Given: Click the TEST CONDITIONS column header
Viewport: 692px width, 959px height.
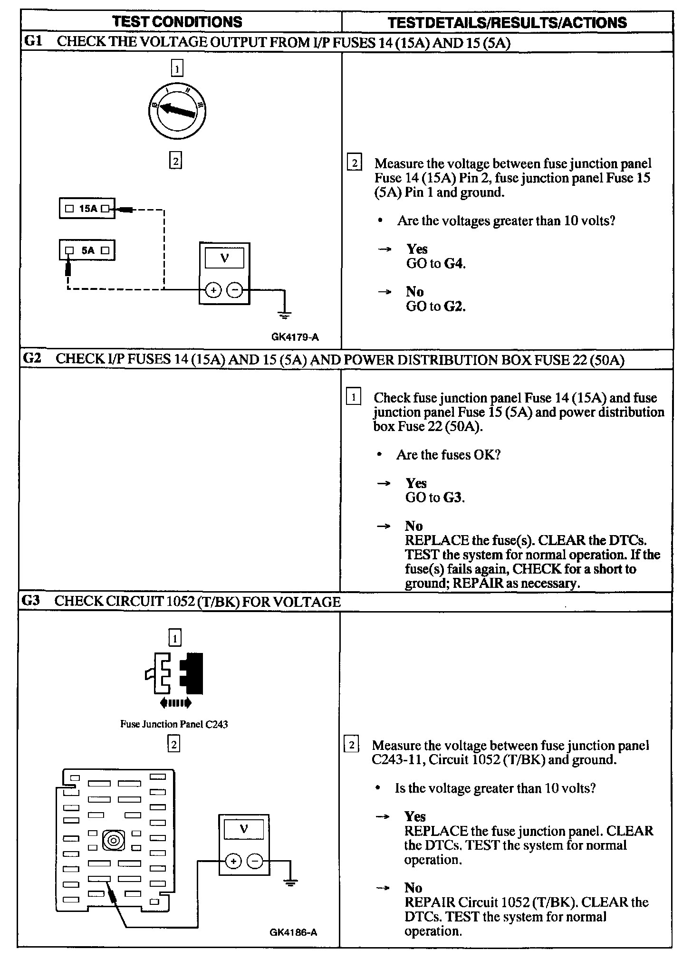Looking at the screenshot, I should pyautogui.click(x=177, y=22).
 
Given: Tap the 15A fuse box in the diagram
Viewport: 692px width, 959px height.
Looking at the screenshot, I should pyautogui.click(x=87, y=209).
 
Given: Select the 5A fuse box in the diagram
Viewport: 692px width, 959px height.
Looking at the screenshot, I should pyautogui.click(x=87, y=250).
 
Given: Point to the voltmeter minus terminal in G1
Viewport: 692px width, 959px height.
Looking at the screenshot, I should pyautogui.click(x=234, y=290).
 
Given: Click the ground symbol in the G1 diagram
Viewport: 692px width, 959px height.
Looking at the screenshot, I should pyautogui.click(x=285, y=315).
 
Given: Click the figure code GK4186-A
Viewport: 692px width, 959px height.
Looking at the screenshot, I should pyautogui.click(x=293, y=932).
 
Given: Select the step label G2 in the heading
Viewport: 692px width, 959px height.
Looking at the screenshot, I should pyautogui.click(x=32, y=359).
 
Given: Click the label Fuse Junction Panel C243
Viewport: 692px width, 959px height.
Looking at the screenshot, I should pyautogui.click(x=174, y=725).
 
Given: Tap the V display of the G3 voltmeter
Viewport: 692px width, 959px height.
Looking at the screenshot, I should pyautogui.click(x=244, y=830).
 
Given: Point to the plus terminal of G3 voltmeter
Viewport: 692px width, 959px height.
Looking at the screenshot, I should pyautogui.click(x=233, y=861).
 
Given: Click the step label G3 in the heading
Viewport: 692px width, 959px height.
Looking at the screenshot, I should pyautogui.click(x=31, y=601).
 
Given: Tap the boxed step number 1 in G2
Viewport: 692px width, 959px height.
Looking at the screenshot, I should pyautogui.click(x=353, y=396).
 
